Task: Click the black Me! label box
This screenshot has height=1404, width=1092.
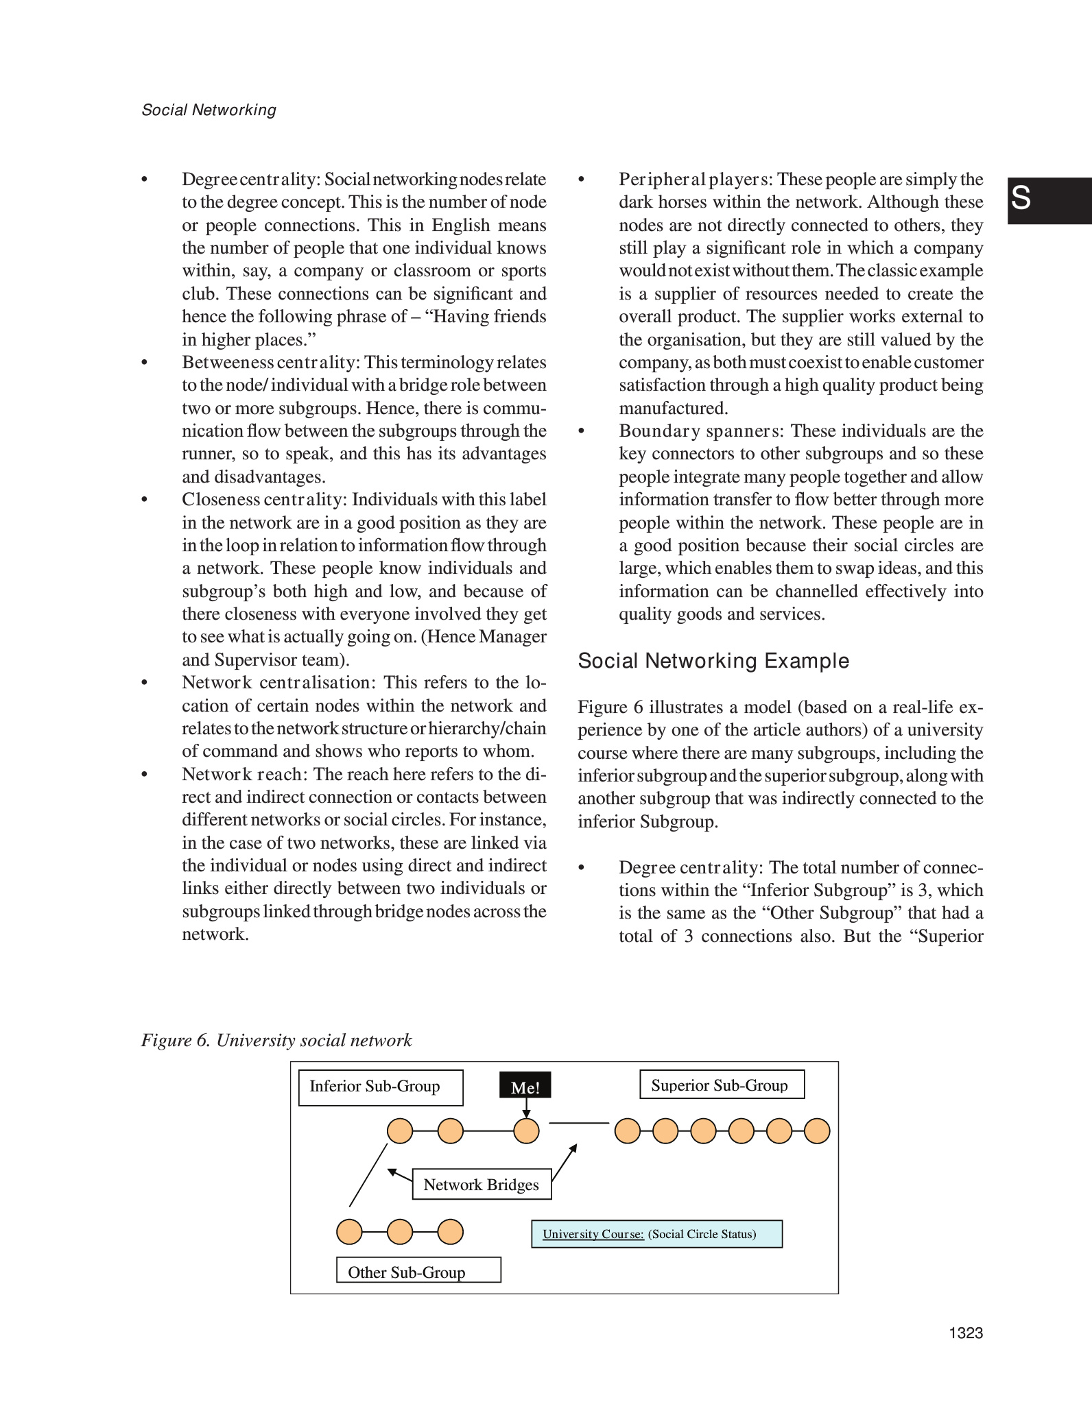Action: click(525, 1087)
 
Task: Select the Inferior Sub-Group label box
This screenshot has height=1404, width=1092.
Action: click(381, 1087)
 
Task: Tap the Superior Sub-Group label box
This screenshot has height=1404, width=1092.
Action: click(722, 1085)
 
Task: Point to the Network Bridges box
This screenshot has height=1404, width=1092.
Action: click(482, 1184)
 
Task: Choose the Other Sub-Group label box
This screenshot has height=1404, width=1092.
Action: click(418, 1270)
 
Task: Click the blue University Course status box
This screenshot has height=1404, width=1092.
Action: click(656, 1234)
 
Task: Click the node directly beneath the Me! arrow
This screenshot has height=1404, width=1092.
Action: click(526, 1130)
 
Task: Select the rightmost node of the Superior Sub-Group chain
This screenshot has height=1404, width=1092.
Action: click(817, 1130)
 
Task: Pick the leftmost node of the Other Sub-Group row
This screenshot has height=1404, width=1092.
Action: click(349, 1232)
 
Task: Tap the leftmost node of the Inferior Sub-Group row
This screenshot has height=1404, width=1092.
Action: click(400, 1130)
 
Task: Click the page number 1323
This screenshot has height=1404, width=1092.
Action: click(966, 1333)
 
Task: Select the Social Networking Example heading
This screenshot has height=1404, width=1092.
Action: click(713, 661)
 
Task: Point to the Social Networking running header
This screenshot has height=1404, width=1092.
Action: click(209, 110)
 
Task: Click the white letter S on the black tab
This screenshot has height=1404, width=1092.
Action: click(1021, 198)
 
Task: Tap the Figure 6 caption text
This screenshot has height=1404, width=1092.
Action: click(276, 1040)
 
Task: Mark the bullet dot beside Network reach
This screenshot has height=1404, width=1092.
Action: click(144, 775)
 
